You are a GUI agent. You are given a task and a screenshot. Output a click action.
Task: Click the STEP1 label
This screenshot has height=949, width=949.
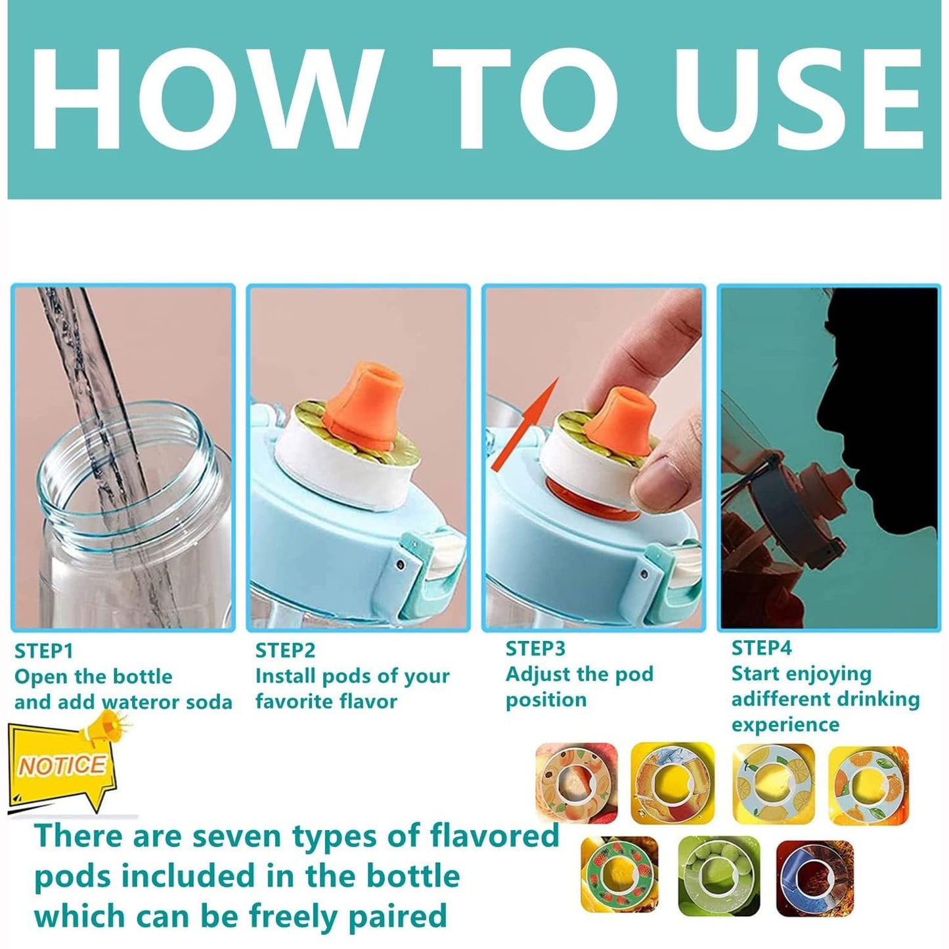click(44, 651)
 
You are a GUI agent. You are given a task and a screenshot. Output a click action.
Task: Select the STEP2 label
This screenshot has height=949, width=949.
click(284, 651)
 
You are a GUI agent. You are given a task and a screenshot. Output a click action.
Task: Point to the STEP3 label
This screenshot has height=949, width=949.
click(535, 649)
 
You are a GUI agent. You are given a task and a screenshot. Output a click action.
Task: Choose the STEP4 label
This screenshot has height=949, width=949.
click(762, 649)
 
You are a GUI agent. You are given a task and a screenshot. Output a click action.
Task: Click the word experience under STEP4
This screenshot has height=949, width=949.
click(785, 726)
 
